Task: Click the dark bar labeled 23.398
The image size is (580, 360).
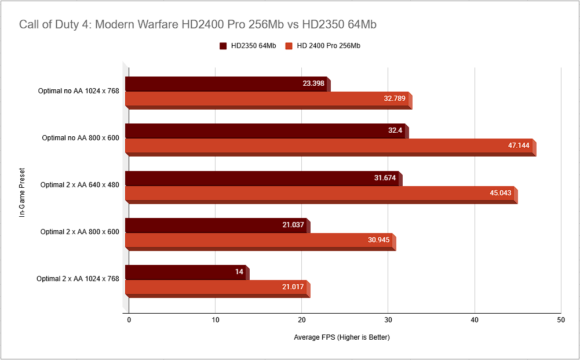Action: coord(226,84)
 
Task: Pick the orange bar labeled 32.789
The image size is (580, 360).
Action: coord(267,99)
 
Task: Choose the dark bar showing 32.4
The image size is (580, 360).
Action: coord(265,131)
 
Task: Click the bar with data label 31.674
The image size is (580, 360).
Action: coord(262,179)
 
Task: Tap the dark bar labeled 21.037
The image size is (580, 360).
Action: coord(216,226)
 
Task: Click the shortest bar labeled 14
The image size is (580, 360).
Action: coord(185,272)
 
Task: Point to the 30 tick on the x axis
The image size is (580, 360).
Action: coord(388,320)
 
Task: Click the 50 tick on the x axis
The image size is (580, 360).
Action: coord(560,320)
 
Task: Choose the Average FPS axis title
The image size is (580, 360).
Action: coord(341,337)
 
